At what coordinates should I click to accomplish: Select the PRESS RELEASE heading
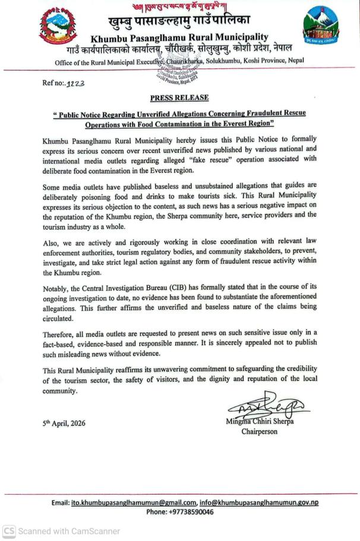[179, 97]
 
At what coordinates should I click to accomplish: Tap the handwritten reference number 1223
[75, 84]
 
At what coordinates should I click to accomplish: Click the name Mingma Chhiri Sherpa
[260, 422]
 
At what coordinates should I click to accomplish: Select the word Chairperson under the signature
[259, 431]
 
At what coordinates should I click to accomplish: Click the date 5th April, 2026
[64, 423]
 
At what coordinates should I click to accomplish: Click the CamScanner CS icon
[8, 531]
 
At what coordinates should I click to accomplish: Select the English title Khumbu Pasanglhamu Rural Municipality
[179, 37]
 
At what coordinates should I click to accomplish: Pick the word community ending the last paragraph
[60, 391]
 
